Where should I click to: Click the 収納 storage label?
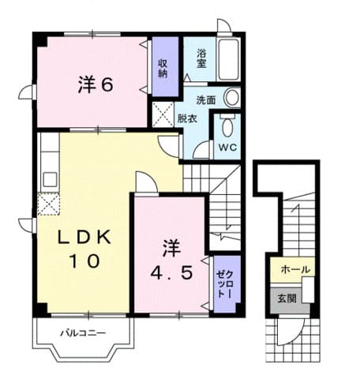(163, 68)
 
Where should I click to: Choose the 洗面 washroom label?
(207, 100)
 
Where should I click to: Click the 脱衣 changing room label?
(187, 119)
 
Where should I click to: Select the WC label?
(227, 147)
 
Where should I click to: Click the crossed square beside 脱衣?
(163, 115)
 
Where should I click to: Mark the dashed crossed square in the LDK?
(47, 205)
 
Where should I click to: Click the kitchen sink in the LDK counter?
(48, 177)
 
